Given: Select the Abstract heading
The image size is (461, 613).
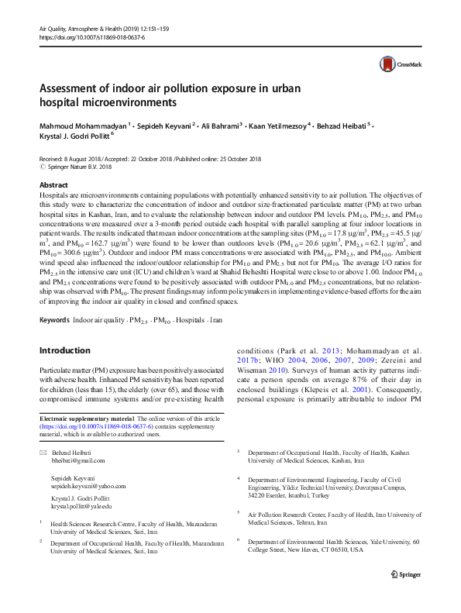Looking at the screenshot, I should [53, 185].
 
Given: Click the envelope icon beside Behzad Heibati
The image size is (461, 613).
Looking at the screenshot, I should [43, 453].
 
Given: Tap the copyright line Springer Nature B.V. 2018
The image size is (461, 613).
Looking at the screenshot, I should [84, 167].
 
